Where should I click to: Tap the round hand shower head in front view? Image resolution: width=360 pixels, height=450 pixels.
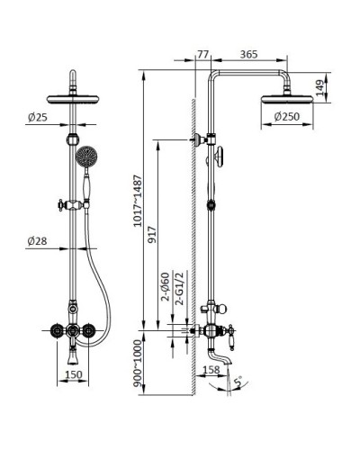click(86, 157)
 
